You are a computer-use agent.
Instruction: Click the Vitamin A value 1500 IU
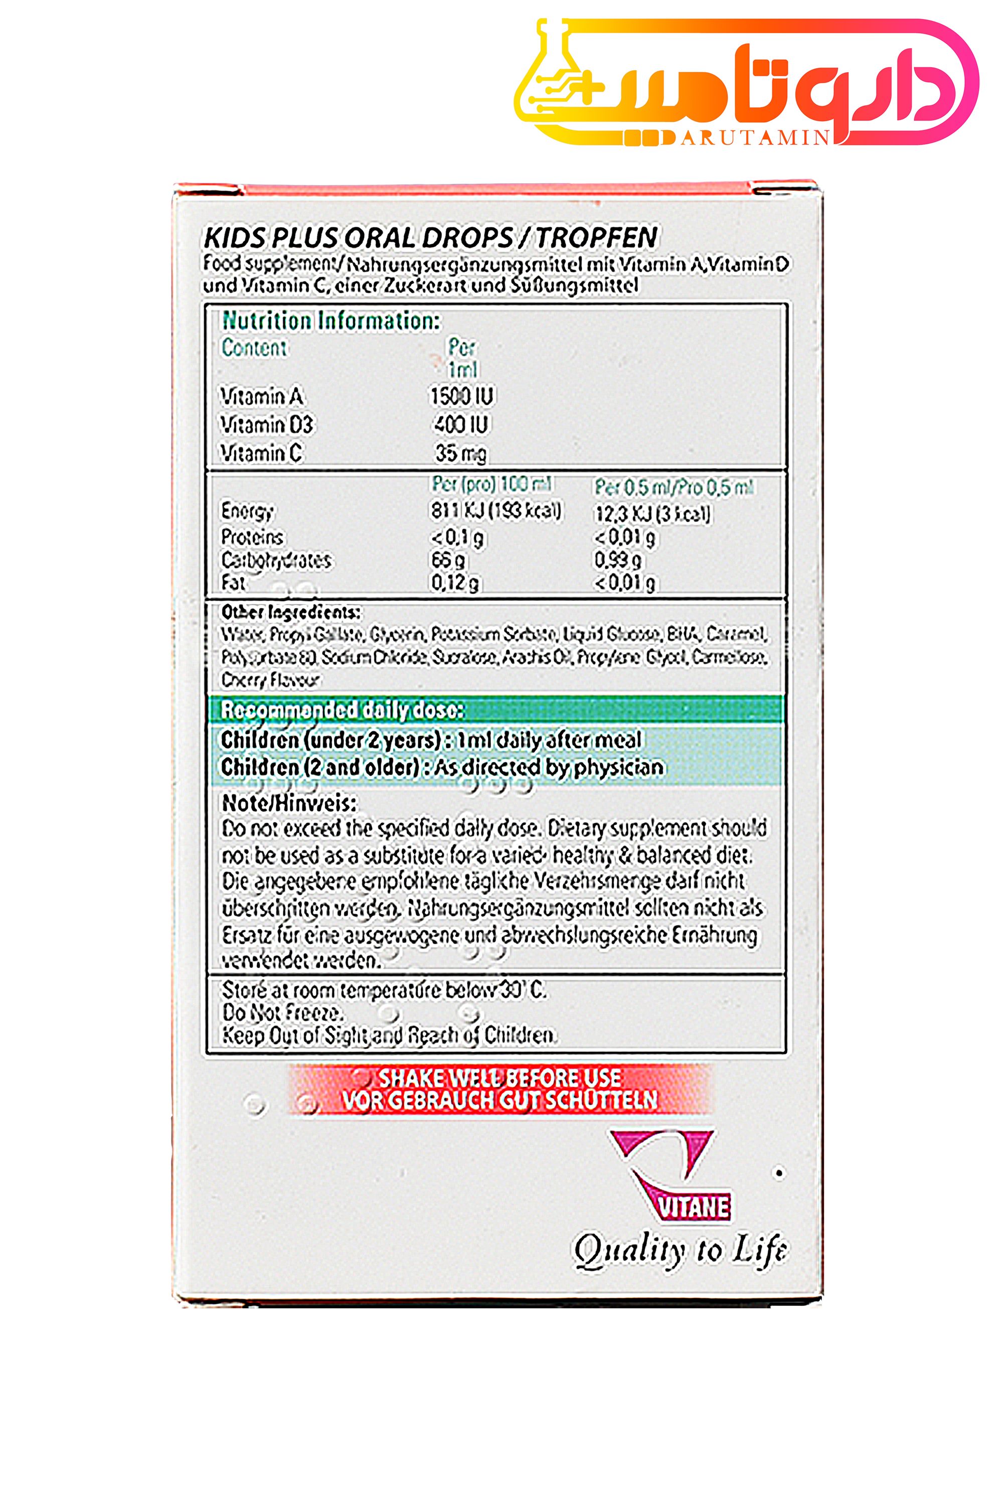461,396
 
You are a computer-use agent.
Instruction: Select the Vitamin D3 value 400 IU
461,424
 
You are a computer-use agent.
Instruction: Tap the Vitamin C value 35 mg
461,453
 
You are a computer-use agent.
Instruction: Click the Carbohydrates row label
276,560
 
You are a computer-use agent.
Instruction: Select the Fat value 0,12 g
455,582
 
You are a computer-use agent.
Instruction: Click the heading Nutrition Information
330,321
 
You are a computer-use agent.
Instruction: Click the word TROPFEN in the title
596,237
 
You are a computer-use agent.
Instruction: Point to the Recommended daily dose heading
342,710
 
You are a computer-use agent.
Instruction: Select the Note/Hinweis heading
289,803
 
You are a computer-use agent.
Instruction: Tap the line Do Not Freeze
282,1012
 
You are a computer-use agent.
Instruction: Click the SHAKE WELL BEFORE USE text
500,1078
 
